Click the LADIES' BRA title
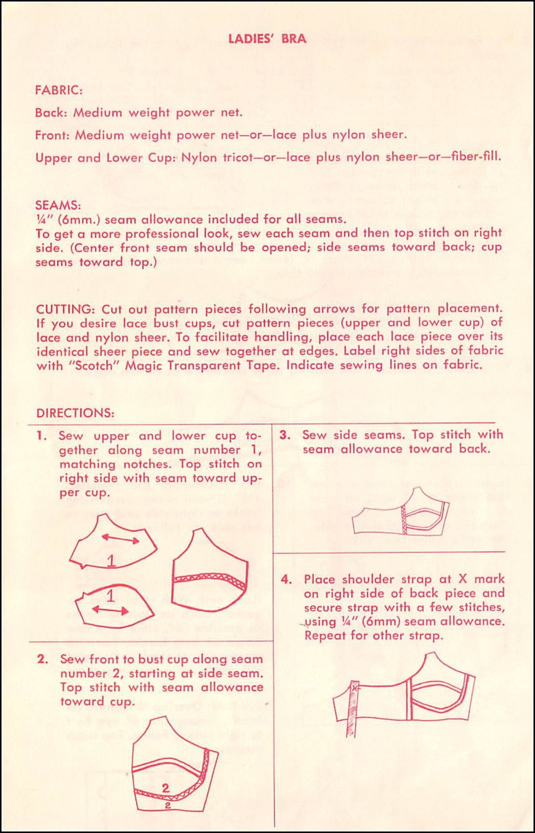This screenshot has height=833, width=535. coord(267,38)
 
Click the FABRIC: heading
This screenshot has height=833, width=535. coord(59,90)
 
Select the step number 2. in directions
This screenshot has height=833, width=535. coord(42,659)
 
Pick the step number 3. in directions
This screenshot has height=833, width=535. coord(285,435)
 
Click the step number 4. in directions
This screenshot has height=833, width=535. coord(286,579)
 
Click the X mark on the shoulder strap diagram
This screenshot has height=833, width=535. coord(354,688)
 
